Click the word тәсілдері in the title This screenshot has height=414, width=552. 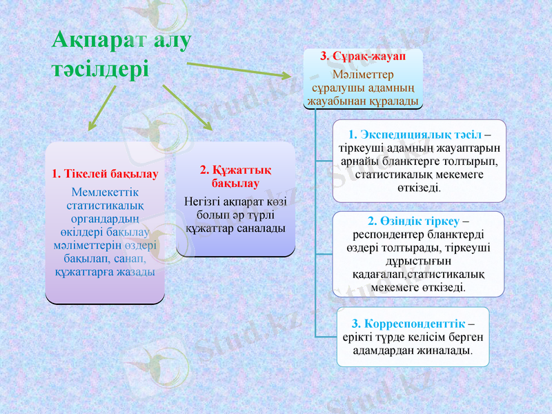101,69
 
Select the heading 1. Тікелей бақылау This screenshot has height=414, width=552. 105,174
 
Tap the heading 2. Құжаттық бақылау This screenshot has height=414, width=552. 235,177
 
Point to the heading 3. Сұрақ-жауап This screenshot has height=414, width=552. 363,56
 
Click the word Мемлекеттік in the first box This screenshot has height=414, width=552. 104,191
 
